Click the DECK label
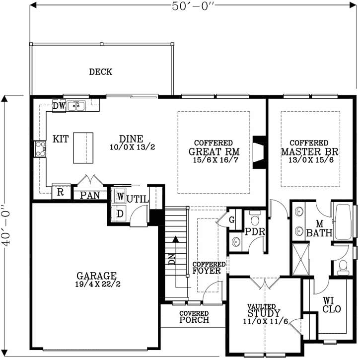[101, 72]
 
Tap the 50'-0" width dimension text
[193, 6]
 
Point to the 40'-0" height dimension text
[6, 226]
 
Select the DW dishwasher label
[59, 106]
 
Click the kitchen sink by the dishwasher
[76, 106]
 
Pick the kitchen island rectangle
[83, 148]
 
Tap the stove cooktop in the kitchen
[40, 149]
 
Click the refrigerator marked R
[61, 192]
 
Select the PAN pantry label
[90, 195]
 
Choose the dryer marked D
[119, 214]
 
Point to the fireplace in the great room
[259, 152]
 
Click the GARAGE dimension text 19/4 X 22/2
[98, 284]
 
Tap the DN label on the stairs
[172, 259]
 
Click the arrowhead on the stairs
[176, 239]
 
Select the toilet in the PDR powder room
[255, 218]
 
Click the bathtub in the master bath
[343, 222]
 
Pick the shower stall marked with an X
[301, 259]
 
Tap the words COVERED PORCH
[194, 317]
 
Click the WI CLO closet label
[331, 305]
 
